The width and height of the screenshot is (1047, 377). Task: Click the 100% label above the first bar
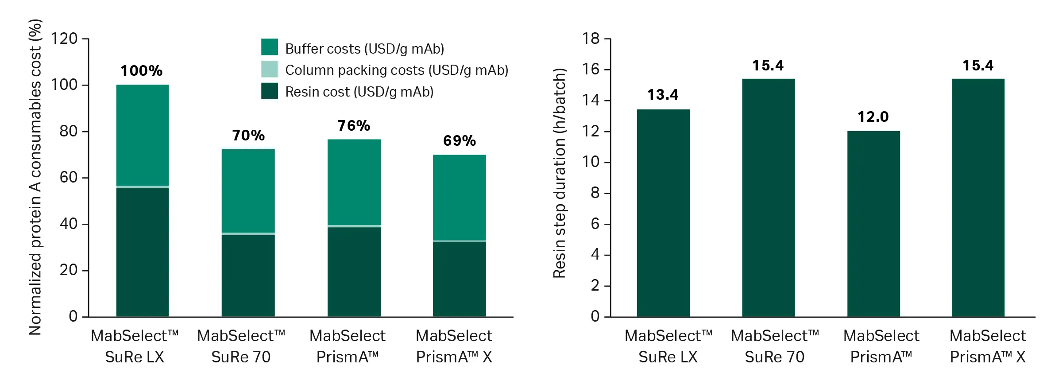point(142,71)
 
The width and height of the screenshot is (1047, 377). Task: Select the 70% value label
point(248,135)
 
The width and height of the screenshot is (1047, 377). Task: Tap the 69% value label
point(460,141)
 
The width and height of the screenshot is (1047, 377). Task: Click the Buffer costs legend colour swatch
point(270,47)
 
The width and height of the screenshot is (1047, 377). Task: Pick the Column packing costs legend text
point(397,70)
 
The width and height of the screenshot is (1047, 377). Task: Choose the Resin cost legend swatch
point(270,91)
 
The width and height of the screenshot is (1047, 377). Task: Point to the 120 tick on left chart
point(64,39)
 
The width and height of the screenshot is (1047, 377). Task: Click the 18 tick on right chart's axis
point(591,39)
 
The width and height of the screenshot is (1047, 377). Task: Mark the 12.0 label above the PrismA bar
point(873,117)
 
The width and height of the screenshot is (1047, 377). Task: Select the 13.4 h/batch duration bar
point(663,213)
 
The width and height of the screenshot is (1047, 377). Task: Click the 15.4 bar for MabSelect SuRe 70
point(769,198)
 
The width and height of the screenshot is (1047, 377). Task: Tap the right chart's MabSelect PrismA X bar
point(978,198)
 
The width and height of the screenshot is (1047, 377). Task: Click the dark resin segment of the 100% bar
point(143,253)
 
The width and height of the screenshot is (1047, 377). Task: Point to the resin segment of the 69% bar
point(460,279)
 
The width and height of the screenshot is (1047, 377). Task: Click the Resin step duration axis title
point(560,173)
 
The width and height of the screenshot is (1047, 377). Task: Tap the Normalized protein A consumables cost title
point(35,177)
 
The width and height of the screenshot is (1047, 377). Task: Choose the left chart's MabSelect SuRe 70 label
point(241,346)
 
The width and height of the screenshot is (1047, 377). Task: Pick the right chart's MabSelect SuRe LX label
point(668,346)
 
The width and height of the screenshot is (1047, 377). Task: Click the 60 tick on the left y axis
point(68,178)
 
